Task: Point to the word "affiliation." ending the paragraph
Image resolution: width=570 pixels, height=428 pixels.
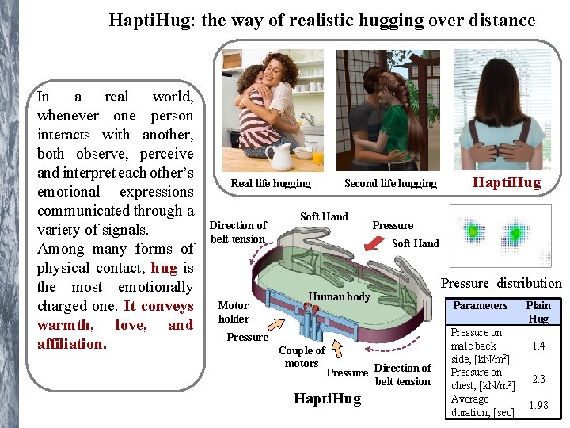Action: coord(70,344)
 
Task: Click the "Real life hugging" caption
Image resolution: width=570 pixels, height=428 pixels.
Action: coord(271,183)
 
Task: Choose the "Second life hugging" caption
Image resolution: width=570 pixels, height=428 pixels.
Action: coord(390,183)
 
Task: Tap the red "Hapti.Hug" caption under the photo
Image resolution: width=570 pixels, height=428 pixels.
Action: coord(506,182)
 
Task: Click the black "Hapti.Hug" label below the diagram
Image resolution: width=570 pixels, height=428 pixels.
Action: coord(326,399)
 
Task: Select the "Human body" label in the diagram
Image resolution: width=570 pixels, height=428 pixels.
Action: coord(339,296)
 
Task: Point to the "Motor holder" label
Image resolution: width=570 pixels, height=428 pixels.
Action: coord(234,311)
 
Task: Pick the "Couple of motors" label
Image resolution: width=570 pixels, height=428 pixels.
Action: coord(302,357)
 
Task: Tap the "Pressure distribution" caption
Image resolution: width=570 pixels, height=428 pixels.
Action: coord(501,283)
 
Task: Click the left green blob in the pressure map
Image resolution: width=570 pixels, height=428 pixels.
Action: coord(473,231)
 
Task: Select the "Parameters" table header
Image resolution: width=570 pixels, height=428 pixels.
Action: coord(480,305)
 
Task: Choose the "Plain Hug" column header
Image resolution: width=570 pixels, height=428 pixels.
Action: coord(538,311)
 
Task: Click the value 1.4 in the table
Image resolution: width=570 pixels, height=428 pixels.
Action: coord(538,346)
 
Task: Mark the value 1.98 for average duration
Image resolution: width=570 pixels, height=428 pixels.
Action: coord(538,405)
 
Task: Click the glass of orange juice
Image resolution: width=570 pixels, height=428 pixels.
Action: coord(317,155)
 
